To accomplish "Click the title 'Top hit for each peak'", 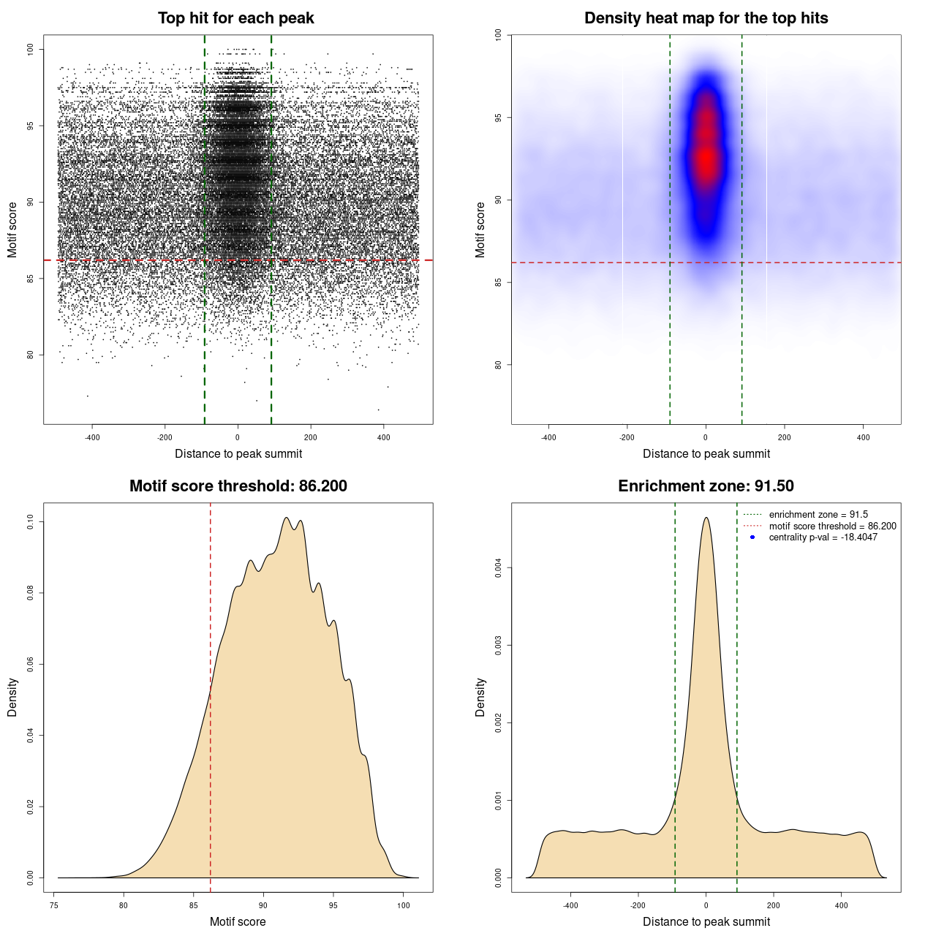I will [x=236, y=18].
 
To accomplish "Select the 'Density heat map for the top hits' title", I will [x=706, y=18].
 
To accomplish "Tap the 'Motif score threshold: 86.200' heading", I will [x=238, y=486].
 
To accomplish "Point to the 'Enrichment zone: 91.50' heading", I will [x=706, y=486].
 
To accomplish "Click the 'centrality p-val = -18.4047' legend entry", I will [x=823, y=537].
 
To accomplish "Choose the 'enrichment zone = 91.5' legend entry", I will [x=818, y=515].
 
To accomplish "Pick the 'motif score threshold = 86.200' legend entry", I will [x=832, y=526].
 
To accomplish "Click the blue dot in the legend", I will [x=752, y=537].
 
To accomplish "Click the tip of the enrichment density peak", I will [x=706, y=518].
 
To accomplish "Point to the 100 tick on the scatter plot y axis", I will [x=31, y=49].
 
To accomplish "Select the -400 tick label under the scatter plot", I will [x=92, y=437].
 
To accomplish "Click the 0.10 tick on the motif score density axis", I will [x=31, y=521].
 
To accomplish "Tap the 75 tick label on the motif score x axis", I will [x=54, y=905].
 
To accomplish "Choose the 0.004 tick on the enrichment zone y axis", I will [x=499, y=567].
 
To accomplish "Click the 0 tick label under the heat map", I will [x=706, y=437].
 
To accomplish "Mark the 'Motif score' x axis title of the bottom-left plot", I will [x=238, y=921].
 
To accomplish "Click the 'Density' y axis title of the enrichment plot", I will [x=480, y=697].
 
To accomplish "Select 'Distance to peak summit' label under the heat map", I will [x=706, y=453].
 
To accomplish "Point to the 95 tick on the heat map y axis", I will [x=499, y=118].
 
